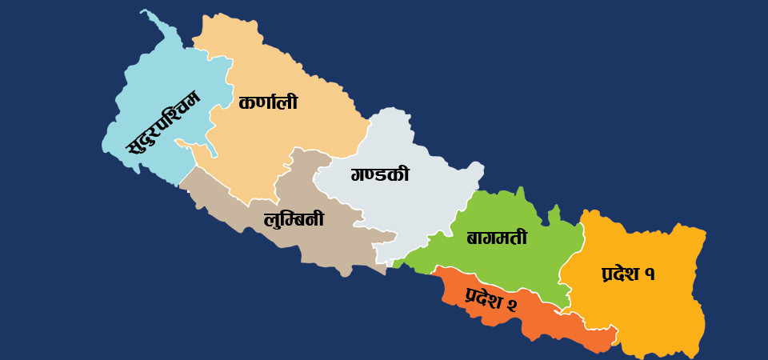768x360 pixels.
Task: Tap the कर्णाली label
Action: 268,103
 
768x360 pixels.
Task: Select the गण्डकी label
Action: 380,174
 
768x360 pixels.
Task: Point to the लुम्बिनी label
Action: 294,218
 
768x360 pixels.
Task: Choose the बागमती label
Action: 497,238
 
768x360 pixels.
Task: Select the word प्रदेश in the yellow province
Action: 620,274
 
